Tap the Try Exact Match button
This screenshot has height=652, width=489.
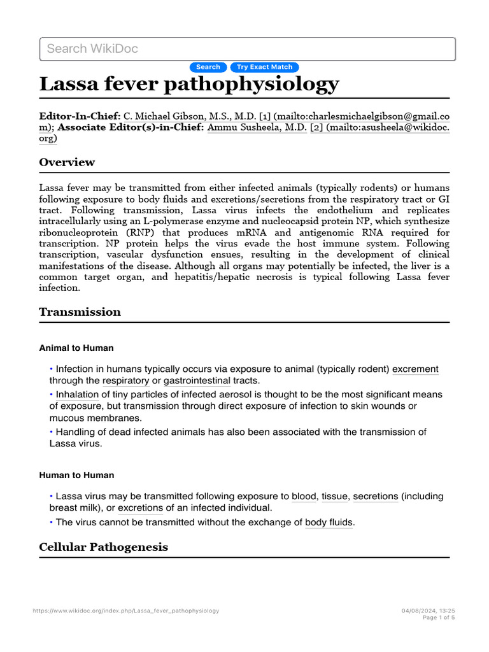[x=264, y=67]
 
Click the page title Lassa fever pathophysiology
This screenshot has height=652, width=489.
[x=189, y=85]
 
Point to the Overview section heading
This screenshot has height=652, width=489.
[x=67, y=162]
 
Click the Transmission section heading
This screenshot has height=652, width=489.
[x=80, y=312]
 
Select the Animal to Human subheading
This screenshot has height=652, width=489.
[x=76, y=348]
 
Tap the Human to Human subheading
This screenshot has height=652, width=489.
[x=76, y=475]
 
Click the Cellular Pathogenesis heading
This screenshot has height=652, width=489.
[x=103, y=548]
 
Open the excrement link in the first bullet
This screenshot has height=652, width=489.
[x=415, y=369]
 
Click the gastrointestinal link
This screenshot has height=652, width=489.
[x=197, y=381]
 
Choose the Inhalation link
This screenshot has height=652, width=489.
[x=77, y=395]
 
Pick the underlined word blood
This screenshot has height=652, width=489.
[x=304, y=496]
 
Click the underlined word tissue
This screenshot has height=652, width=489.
[x=334, y=496]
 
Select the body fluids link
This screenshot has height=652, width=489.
[x=329, y=523]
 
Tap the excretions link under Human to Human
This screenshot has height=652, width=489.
[x=140, y=508]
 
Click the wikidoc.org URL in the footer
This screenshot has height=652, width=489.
[x=125, y=611]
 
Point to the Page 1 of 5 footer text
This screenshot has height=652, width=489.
[x=439, y=618]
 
